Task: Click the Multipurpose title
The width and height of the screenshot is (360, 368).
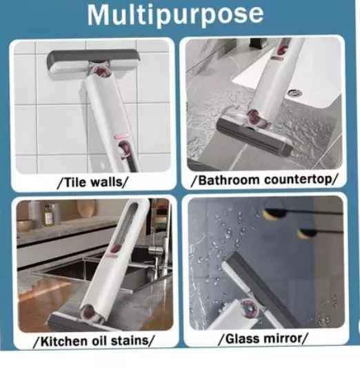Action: tap(175, 14)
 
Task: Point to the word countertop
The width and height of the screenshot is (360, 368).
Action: tap(298, 180)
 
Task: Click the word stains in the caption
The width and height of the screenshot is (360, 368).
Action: tap(130, 341)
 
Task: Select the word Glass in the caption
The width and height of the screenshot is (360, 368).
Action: tap(241, 338)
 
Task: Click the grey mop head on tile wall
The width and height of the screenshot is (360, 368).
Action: tap(94, 64)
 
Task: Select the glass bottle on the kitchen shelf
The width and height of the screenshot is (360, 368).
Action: tap(48, 215)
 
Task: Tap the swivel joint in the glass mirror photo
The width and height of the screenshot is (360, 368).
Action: tap(249, 309)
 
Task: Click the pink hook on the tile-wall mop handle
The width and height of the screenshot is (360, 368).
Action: tap(124, 149)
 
